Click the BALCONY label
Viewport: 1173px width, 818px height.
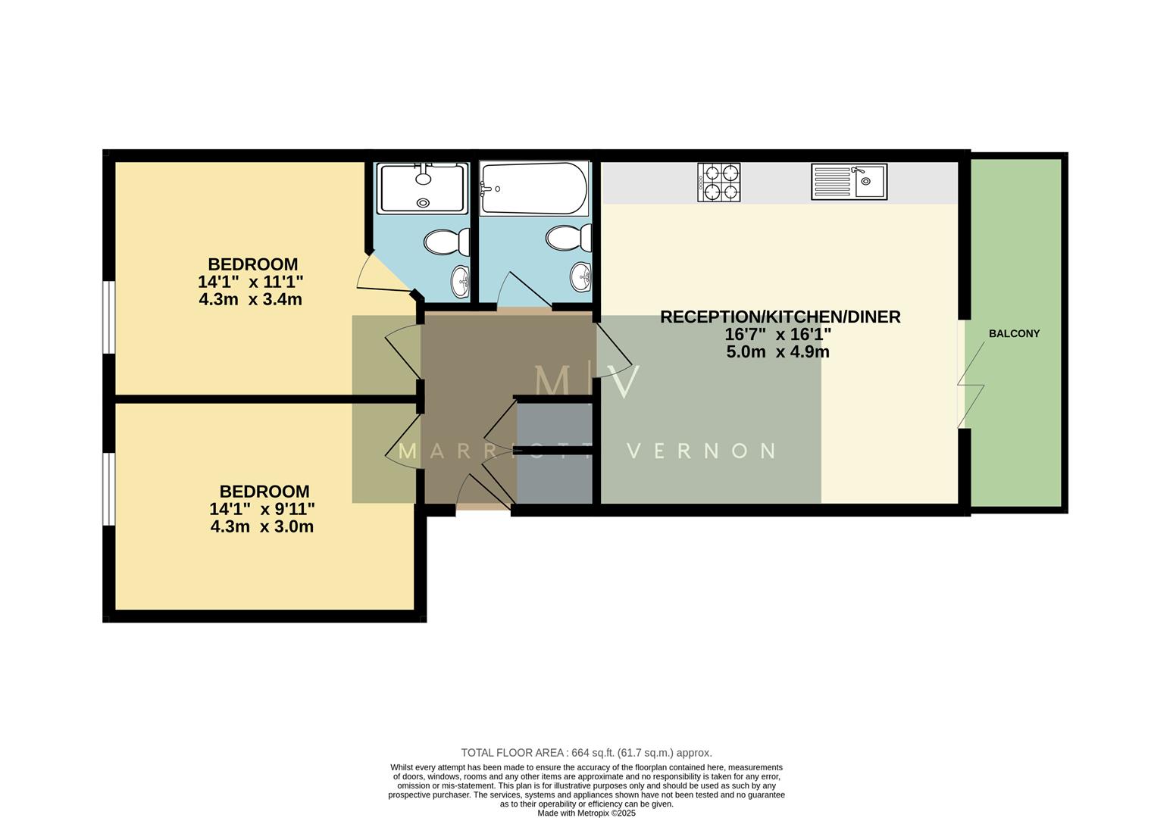pos(1014,333)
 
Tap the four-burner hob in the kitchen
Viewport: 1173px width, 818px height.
pos(718,183)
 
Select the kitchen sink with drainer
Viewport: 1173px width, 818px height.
pos(849,182)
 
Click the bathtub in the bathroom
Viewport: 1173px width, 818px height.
pos(534,189)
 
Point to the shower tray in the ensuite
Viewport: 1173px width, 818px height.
pos(423,188)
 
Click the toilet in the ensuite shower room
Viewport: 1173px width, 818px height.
pos(443,243)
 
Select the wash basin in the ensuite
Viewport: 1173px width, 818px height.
pos(461,282)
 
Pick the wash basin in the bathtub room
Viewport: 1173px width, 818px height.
pos(581,277)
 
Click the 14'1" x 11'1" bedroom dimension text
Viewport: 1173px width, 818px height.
pos(251,282)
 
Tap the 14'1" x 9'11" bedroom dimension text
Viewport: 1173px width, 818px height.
pos(262,509)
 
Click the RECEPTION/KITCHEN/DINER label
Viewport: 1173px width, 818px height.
pos(780,317)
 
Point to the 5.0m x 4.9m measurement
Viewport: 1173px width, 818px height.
pos(777,352)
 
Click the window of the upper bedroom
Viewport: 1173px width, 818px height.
pos(109,317)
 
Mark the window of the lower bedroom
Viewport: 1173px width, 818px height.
pos(109,489)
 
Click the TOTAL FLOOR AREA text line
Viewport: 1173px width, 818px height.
pos(586,753)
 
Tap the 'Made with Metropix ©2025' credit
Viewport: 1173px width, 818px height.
pos(586,813)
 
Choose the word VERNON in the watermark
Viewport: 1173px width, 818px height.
pos(702,451)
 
